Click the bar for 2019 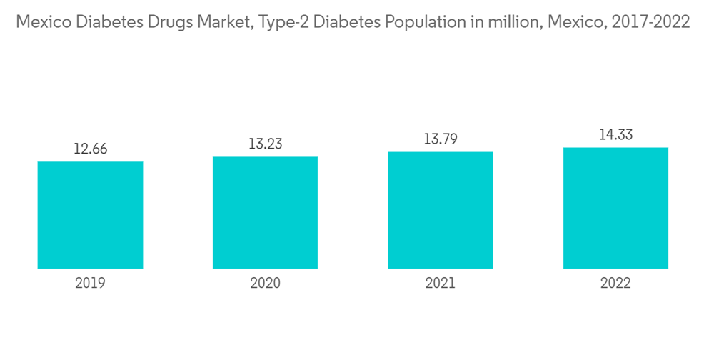90,215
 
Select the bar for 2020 265,212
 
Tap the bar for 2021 441,210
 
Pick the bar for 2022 615,208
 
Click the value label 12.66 90,149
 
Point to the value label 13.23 265,144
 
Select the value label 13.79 441,139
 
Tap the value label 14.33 615,135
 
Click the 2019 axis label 90,284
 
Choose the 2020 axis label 265,284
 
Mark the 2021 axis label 441,284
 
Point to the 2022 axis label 615,284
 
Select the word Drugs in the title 155,22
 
